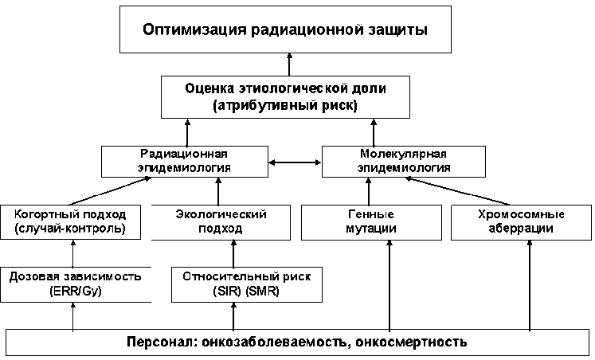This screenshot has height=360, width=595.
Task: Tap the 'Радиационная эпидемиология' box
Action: pyautogui.click(x=184, y=160)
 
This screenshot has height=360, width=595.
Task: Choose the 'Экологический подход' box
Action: pyautogui.click(x=219, y=222)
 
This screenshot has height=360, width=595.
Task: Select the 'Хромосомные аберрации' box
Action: pyautogui.click(x=520, y=222)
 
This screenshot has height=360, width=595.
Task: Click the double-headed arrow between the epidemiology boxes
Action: pyautogui.click(x=294, y=162)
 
